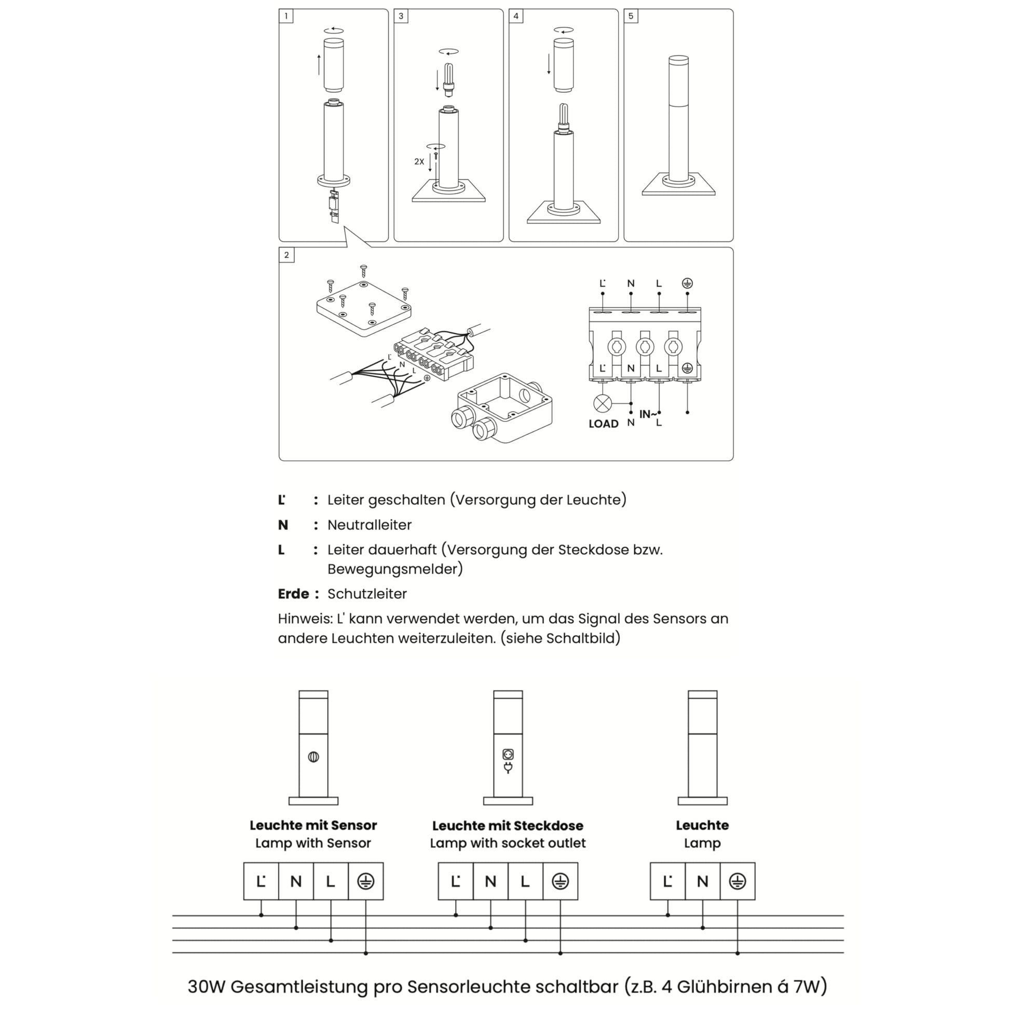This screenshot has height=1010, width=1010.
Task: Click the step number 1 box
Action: [286, 16]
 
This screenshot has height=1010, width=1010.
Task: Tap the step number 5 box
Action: [631, 16]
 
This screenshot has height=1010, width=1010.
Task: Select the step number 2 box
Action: [286, 255]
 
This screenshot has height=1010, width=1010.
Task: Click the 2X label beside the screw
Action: [419, 161]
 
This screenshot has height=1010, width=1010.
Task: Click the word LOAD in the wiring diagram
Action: [603, 424]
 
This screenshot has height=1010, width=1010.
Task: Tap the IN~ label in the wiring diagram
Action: [648, 414]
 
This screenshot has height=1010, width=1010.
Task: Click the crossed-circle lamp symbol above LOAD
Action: [603, 404]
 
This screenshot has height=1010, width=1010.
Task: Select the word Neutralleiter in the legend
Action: [369, 525]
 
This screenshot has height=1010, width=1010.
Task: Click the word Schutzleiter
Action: [367, 594]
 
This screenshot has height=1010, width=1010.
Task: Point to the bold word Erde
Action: [293, 594]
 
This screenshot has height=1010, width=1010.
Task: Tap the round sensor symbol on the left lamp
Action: [313, 756]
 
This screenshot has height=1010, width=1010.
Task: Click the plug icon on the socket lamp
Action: [508, 768]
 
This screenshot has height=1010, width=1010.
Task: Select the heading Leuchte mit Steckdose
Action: [508, 826]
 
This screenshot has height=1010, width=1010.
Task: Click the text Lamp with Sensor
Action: [313, 843]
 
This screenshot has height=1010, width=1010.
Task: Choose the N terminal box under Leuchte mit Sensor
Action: [296, 881]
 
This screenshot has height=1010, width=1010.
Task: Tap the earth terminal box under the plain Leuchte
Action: [737, 881]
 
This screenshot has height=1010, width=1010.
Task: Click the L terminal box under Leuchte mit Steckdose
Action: [525, 881]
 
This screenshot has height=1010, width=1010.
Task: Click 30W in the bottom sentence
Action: [206, 987]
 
